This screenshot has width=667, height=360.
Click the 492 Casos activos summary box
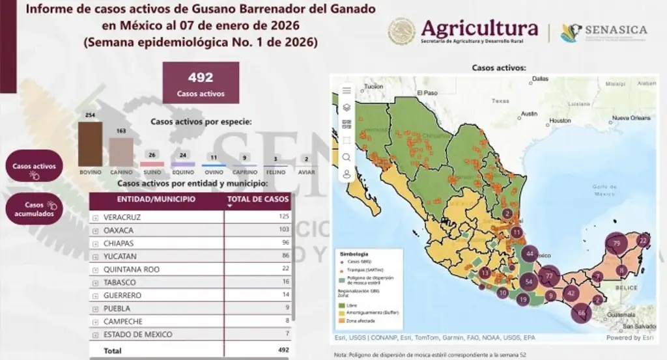[x=201, y=83]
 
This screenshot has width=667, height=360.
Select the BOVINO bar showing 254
[x=90, y=144]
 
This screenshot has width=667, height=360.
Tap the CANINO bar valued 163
[x=121, y=152]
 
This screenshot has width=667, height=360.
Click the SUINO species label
[x=152, y=173]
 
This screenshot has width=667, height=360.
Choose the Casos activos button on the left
[x=35, y=166]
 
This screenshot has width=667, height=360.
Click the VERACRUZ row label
[x=122, y=217]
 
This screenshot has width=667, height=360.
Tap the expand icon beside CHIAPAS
[x=96, y=243]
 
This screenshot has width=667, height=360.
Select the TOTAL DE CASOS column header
[x=257, y=199]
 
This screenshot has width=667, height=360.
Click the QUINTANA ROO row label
[x=131, y=270]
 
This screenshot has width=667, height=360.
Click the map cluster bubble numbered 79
[x=616, y=243]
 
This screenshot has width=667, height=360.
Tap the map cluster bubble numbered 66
[x=582, y=313]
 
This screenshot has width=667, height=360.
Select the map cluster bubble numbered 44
[x=530, y=254]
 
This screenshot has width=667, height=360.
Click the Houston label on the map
[x=560, y=121]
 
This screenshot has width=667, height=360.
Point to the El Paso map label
[x=428, y=92]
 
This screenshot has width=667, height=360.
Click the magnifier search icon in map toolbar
[x=347, y=157]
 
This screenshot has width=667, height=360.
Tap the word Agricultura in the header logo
[x=479, y=28]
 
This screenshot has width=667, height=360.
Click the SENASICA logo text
[x=616, y=30]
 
